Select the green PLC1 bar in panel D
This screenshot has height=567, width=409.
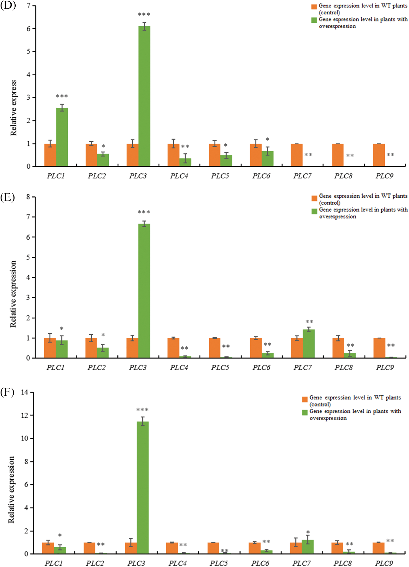[62, 137]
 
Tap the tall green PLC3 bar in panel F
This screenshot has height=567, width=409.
[143, 487]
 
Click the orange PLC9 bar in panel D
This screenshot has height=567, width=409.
[379, 155]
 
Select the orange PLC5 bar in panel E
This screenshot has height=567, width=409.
[215, 348]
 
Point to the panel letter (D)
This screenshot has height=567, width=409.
[8, 5]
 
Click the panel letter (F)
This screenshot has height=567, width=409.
[7, 392]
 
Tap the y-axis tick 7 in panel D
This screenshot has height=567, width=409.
[28, 5]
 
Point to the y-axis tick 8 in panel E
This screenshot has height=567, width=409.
[28, 197]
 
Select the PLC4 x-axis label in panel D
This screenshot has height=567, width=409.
[179, 176]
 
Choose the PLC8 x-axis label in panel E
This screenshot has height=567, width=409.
[344, 367]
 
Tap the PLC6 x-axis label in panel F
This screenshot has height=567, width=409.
[260, 563]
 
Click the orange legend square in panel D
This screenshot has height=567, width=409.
[314, 7]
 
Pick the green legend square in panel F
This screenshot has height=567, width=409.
[305, 412]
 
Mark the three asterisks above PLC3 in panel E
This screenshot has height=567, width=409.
[144, 212]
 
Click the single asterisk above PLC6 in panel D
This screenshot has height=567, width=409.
[268, 139]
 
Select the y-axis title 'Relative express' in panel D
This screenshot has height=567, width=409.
[13, 108]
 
